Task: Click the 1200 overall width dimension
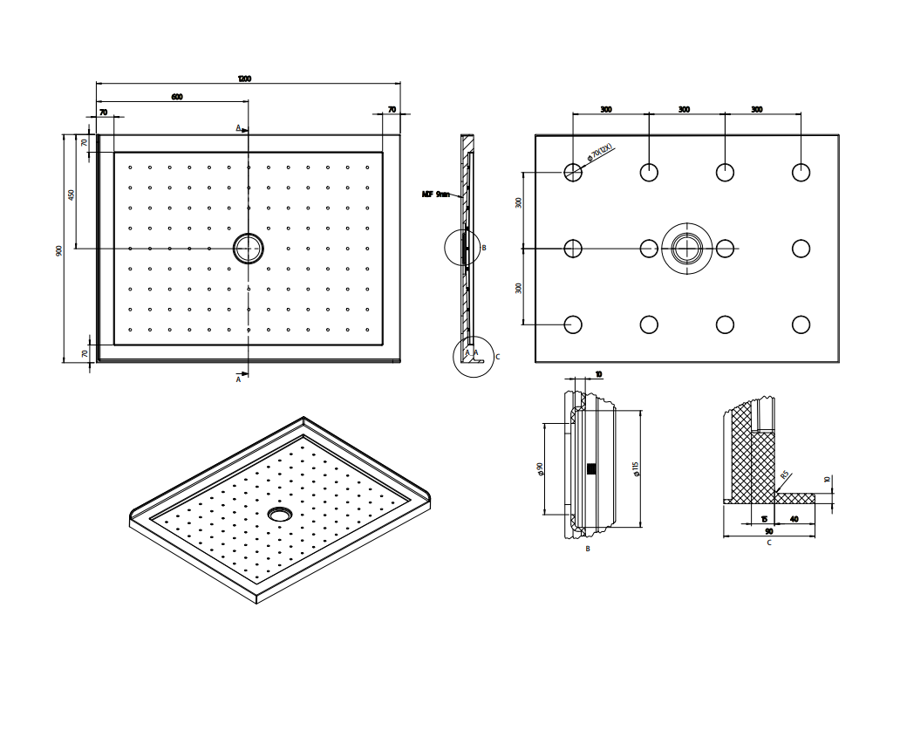pos(244,79)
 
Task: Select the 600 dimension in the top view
pos(177,97)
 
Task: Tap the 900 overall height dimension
pos(58,250)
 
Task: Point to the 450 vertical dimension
pos(72,195)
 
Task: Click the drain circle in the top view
pos(248,248)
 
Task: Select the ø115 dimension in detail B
pos(637,469)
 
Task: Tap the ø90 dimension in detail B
pos(541,469)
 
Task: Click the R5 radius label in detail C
pos(784,475)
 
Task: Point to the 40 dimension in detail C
pos(794,519)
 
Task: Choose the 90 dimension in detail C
pos(768,530)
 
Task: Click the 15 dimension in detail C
pos(764,519)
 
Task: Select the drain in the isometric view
pos(280,514)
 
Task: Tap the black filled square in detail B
pos(592,469)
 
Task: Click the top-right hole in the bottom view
pos(801,172)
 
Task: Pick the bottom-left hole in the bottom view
pos(572,324)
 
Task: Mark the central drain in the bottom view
pos(686,248)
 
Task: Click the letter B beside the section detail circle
pos(484,248)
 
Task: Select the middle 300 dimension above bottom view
pos(684,109)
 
